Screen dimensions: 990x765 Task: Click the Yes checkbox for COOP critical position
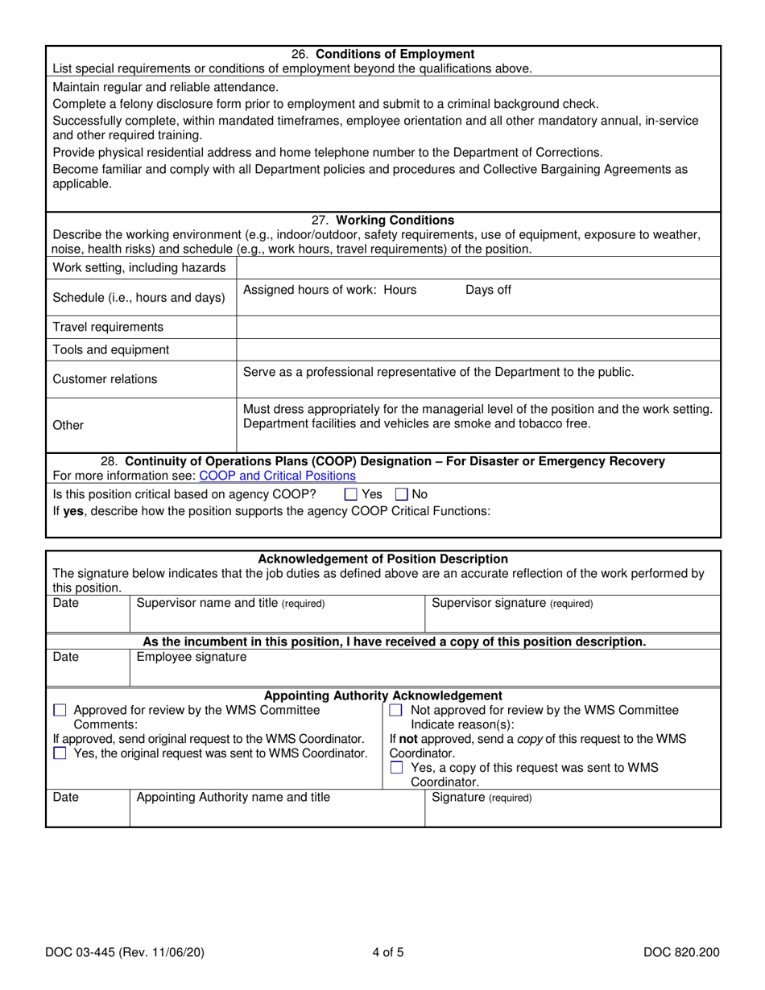(350, 495)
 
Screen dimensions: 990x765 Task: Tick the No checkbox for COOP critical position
(403, 495)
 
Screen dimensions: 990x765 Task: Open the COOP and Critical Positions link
(277, 476)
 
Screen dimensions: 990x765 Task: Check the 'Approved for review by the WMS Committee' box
(60, 711)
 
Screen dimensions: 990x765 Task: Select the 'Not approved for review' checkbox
(396, 711)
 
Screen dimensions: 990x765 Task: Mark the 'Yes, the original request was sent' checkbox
(60, 753)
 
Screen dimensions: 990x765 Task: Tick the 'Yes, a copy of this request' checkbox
(396, 768)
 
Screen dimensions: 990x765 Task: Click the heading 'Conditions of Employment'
(395, 55)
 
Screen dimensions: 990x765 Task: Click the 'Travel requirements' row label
(108, 327)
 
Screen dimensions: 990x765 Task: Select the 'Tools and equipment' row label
(111, 350)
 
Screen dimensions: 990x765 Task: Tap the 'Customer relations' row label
(105, 379)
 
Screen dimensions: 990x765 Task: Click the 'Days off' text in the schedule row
(488, 291)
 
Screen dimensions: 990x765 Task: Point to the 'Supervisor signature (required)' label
(512, 604)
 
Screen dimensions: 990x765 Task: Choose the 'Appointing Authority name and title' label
(234, 798)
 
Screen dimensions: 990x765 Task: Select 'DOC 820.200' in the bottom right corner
(681, 953)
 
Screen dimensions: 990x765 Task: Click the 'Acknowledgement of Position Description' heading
(382, 559)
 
